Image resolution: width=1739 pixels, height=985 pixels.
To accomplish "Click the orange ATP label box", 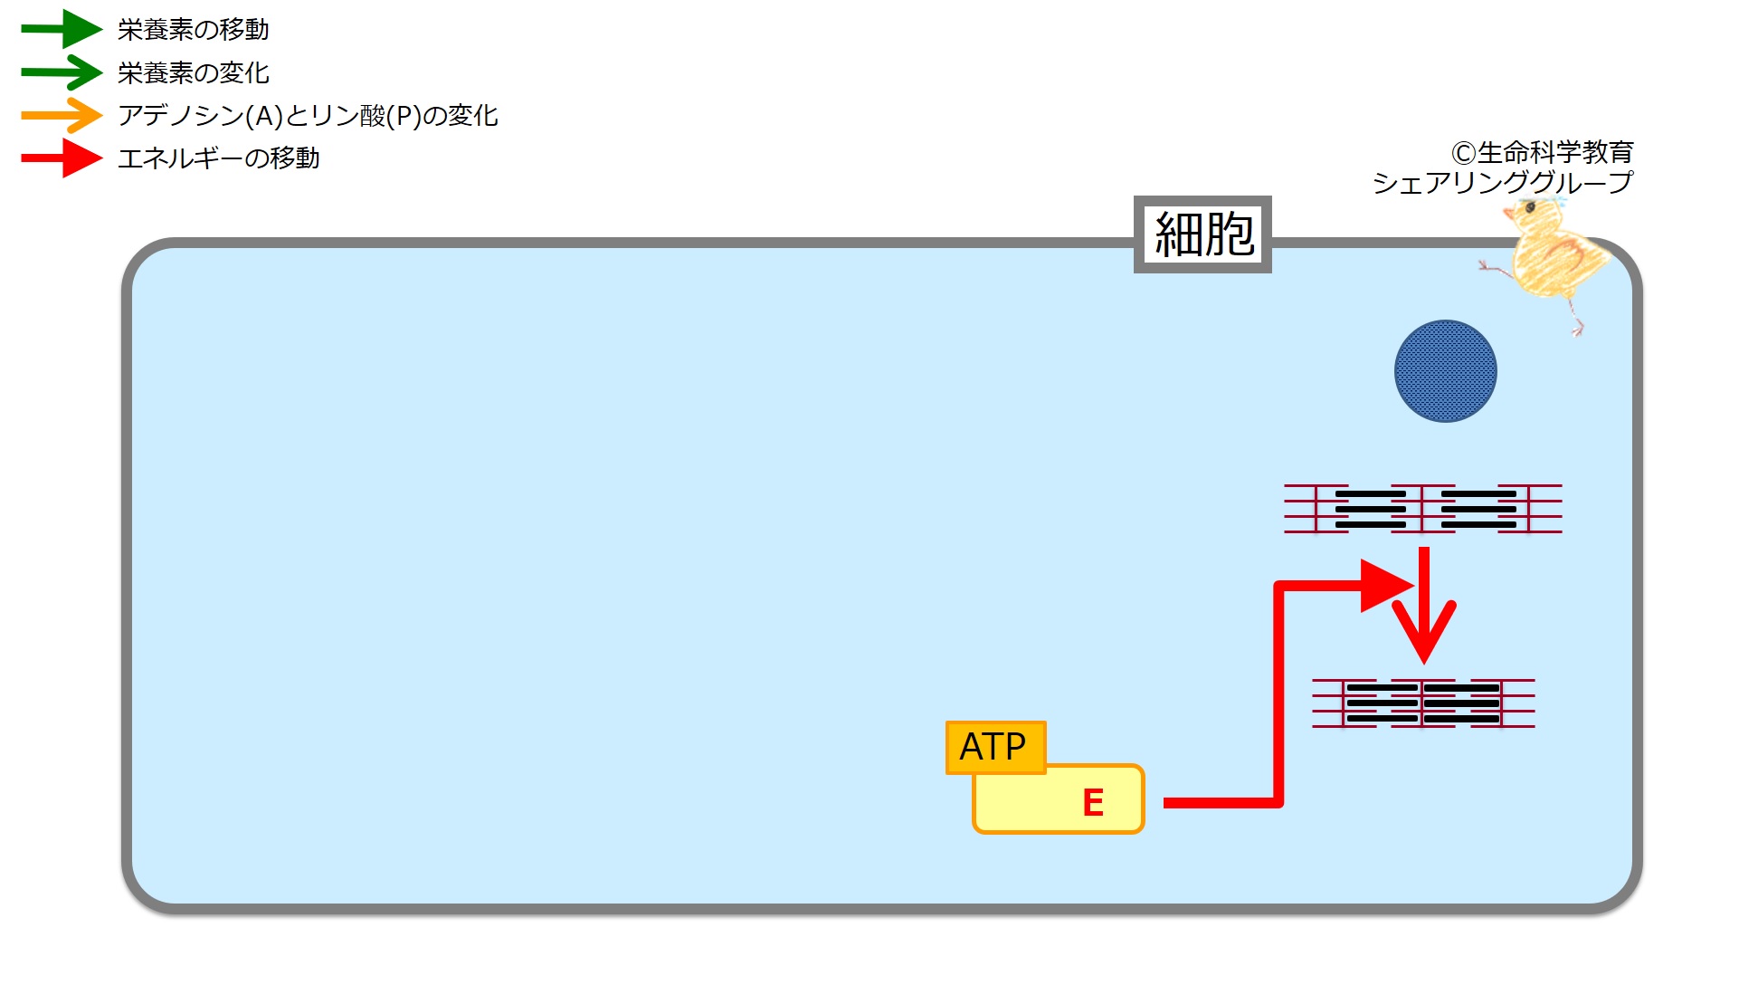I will (x=994, y=747).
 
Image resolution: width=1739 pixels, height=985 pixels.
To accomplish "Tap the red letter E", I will (x=1092, y=802).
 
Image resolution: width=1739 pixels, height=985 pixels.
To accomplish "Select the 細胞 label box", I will (x=1202, y=234).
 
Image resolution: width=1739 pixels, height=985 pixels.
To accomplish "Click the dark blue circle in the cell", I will (x=1445, y=371).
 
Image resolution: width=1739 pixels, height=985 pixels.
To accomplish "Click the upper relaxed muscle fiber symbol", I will (x=1423, y=509).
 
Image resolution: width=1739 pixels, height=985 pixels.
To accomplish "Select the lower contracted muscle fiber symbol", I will (x=1423, y=703).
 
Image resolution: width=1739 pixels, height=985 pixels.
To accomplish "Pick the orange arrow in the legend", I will (x=62, y=115).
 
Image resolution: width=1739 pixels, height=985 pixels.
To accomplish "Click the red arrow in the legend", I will (x=62, y=158).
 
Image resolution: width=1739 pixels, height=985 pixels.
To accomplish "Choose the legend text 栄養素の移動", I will (x=193, y=30).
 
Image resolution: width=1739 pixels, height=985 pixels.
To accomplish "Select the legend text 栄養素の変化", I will (x=193, y=72).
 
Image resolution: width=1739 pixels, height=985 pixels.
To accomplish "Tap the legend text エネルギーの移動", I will (x=218, y=158).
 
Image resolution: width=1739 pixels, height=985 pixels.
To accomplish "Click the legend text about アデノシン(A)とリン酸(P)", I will (x=308, y=116).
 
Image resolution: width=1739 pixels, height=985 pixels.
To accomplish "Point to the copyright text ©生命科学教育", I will (x=1542, y=152).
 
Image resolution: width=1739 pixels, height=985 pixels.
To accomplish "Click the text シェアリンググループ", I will (x=1502, y=183).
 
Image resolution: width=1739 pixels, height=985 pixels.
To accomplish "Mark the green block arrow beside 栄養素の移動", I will (x=62, y=30).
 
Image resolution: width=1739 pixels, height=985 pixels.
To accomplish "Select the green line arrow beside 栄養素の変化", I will (x=62, y=72).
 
